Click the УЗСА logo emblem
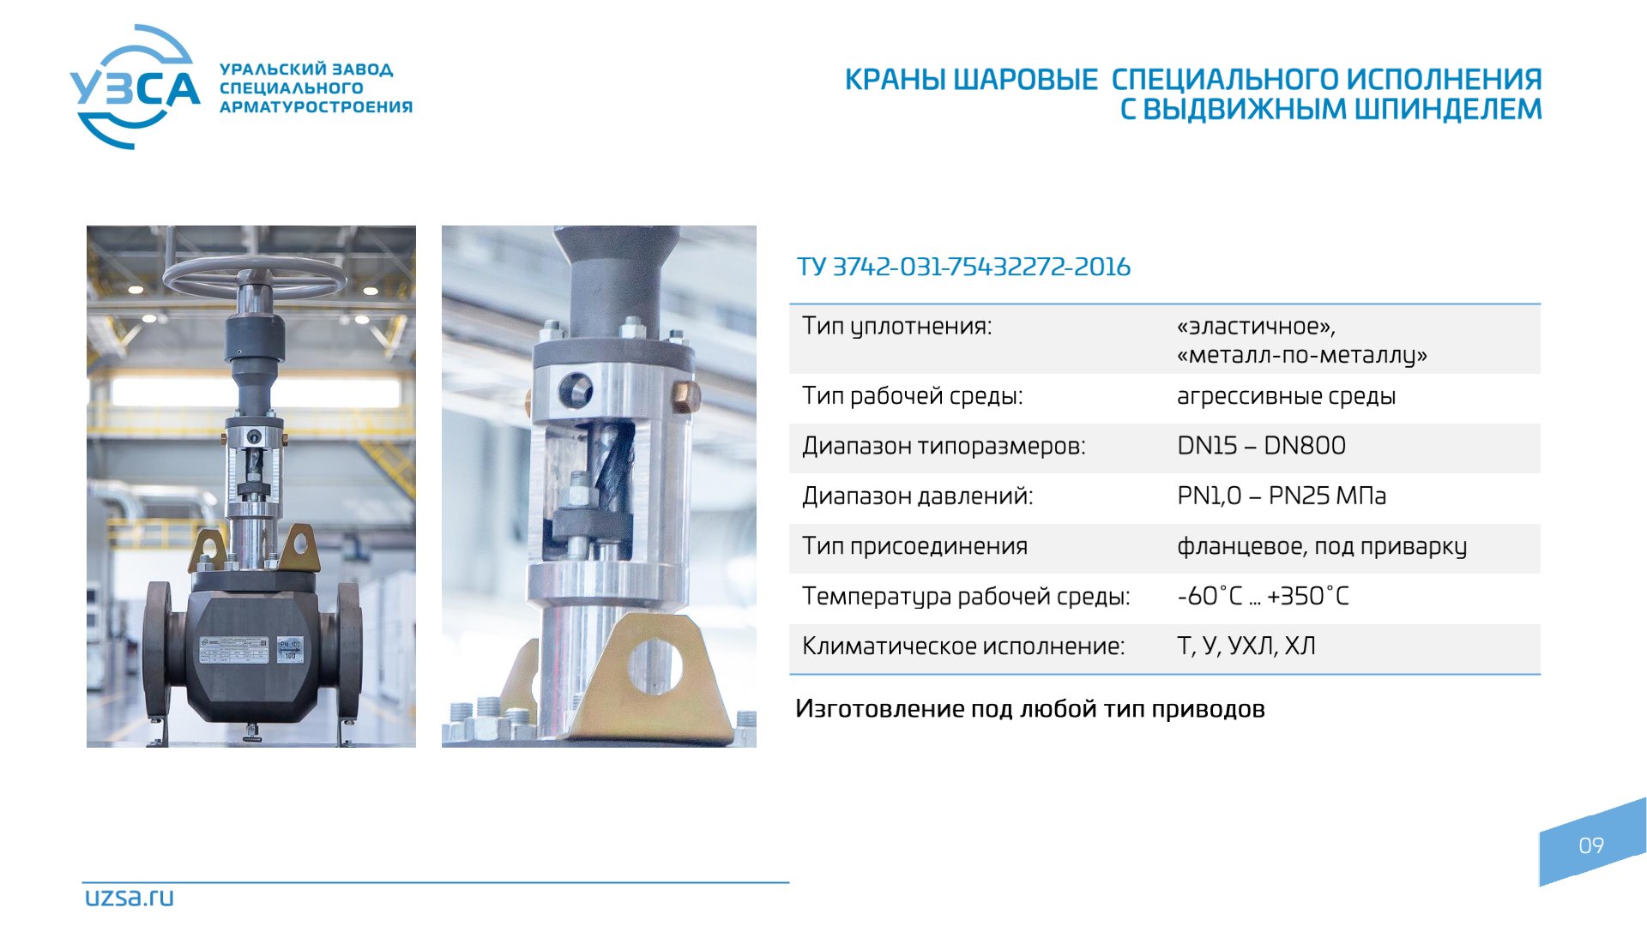tap(135, 87)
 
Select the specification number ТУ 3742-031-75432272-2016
tap(963, 267)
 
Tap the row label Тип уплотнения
tap(896, 327)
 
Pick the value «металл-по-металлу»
tap(1302, 355)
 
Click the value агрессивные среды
tap(1286, 396)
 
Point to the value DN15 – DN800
tap(1261, 446)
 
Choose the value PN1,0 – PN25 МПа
tap(1281, 496)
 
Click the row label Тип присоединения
tap(914, 546)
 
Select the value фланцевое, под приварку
tap(1322, 546)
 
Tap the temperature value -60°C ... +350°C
tap(1263, 596)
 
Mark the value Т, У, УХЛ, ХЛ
tap(1246, 646)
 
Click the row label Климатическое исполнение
tap(963, 646)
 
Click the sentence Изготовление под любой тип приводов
tap(1029, 709)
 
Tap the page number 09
tap(1591, 845)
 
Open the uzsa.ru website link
tap(129, 897)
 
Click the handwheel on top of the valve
tap(249, 275)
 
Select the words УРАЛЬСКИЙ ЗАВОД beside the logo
tap(306, 69)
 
